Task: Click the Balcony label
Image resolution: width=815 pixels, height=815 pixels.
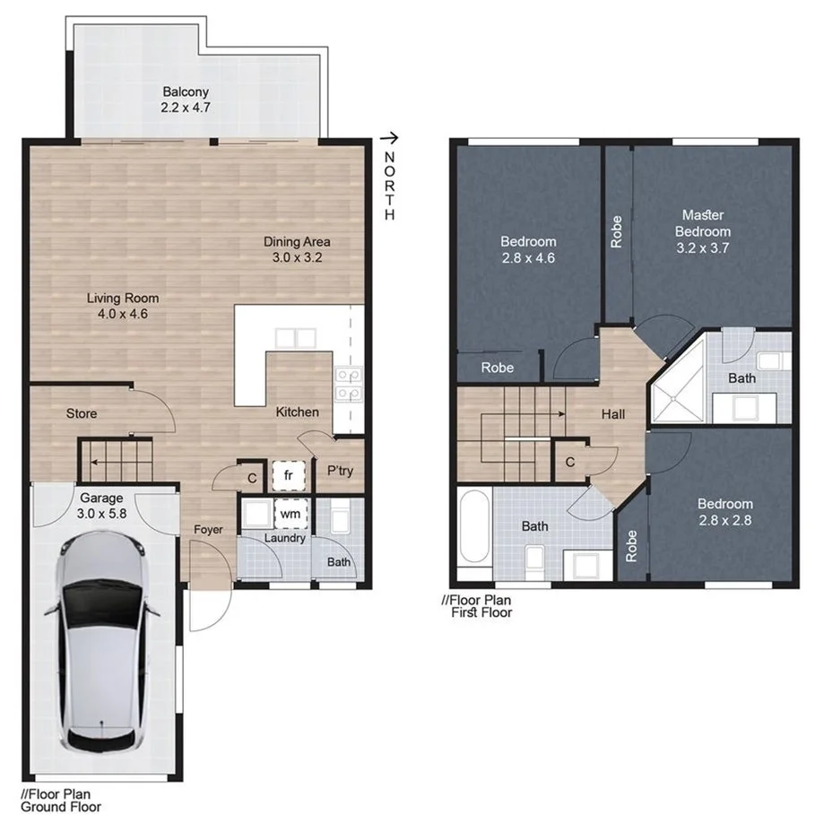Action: pyautogui.click(x=186, y=91)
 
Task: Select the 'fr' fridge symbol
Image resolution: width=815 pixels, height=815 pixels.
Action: pyautogui.click(x=289, y=476)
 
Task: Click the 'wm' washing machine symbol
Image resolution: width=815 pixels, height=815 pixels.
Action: pyautogui.click(x=290, y=514)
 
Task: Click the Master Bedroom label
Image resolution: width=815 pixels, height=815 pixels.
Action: pyautogui.click(x=703, y=223)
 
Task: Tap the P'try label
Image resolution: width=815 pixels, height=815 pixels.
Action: pyautogui.click(x=338, y=469)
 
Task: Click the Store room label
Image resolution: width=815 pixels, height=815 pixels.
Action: pyautogui.click(x=82, y=414)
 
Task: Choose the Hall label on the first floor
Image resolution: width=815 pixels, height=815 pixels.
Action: pyautogui.click(x=613, y=414)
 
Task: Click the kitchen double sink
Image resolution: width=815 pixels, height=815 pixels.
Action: pyautogui.click(x=296, y=338)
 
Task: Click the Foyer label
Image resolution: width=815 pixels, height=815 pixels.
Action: pyautogui.click(x=208, y=530)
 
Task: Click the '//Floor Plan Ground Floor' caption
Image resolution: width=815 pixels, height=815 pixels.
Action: pyautogui.click(x=60, y=800)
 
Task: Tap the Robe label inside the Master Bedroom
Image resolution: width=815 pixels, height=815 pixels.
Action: pyautogui.click(x=616, y=232)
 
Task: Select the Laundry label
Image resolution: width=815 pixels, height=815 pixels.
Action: pyautogui.click(x=285, y=539)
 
